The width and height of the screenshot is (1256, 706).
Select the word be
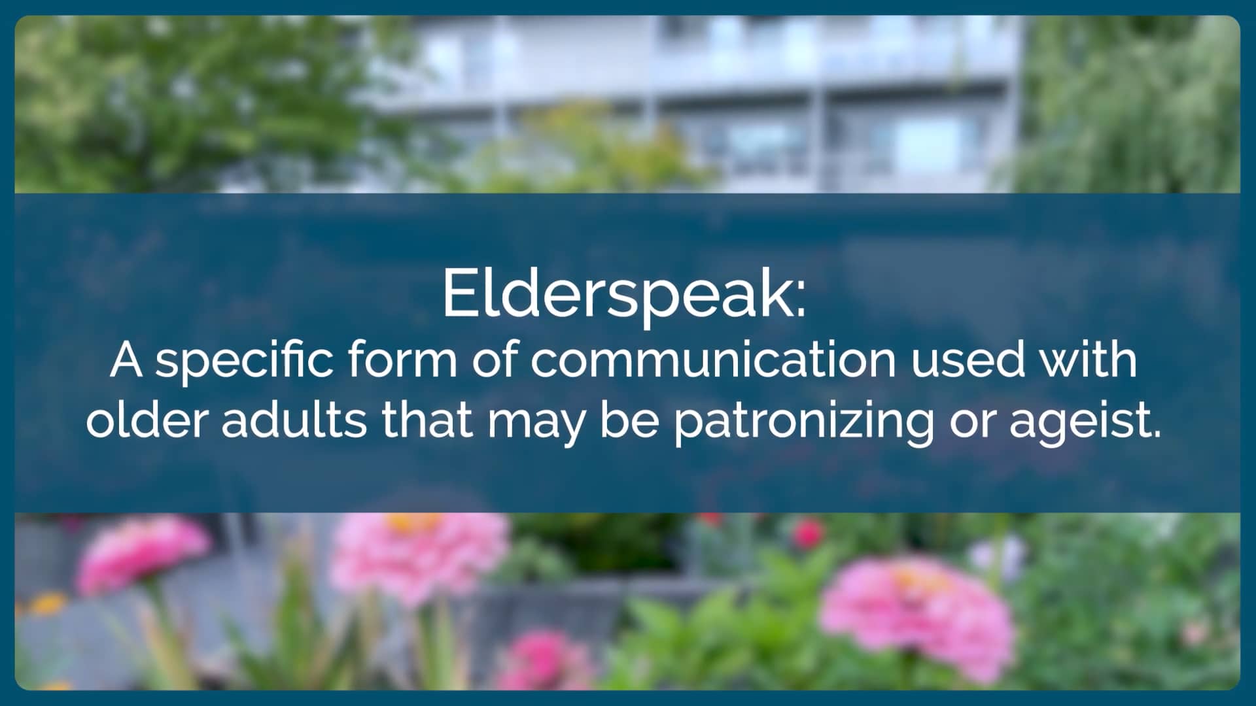click(x=629, y=420)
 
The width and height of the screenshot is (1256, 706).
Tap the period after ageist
click(x=1155, y=434)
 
